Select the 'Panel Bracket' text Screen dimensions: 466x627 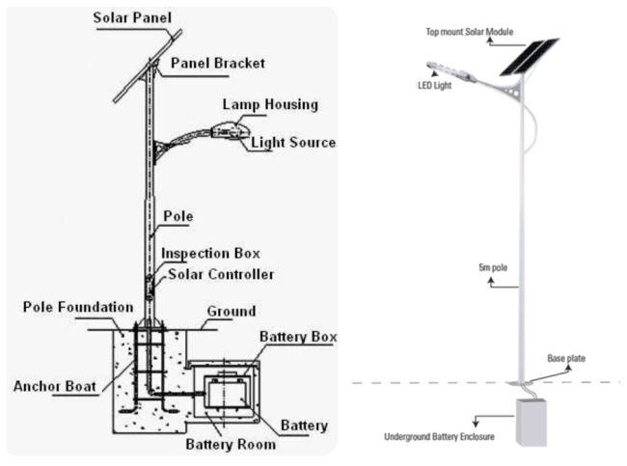pos(217,64)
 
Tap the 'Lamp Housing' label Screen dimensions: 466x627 pos(269,103)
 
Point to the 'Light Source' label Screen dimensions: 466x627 pos(293,143)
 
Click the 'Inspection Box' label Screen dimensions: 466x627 pos(210,254)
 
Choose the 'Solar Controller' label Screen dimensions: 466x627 pos(221,275)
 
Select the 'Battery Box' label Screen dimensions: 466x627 pos(298,337)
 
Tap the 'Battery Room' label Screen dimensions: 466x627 pos(231,445)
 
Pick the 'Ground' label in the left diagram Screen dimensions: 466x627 pos(232,312)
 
